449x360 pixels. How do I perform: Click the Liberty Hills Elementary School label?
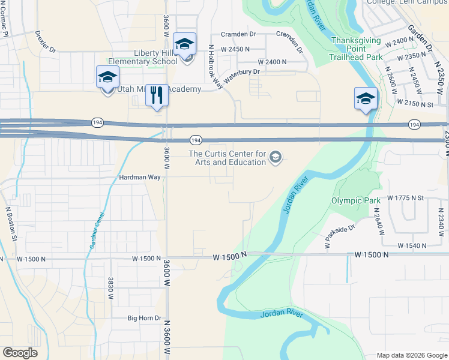[143, 57]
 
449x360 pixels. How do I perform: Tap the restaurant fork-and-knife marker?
[157, 95]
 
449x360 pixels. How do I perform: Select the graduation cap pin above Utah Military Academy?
[107, 77]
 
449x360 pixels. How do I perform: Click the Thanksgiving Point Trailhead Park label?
[357, 49]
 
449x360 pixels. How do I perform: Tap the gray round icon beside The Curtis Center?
[276, 157]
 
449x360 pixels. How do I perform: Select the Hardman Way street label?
[140, 178]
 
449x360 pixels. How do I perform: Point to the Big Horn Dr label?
[144, 318]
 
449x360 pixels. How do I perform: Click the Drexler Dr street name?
[45, 41]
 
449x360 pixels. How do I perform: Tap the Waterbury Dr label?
[241, 76]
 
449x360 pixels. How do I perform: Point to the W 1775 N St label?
[406, 197]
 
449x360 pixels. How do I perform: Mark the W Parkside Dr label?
[340, 236]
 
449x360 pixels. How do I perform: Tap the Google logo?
[20, 352]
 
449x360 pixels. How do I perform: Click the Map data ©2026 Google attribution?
[411, 355]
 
